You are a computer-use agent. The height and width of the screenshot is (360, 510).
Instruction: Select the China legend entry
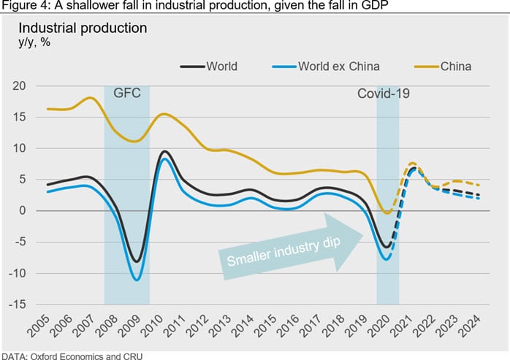click(x=455, y=67)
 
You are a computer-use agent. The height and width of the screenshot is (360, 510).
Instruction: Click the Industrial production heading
click(x=83, y=28)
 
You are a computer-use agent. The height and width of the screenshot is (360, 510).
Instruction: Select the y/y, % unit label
click(x=34, y=42)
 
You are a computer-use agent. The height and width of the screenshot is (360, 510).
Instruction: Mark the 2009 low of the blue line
click(x=137, y=279)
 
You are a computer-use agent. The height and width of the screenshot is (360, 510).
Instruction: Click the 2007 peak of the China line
click(x=90, y=98)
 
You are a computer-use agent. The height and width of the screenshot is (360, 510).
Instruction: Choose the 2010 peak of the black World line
click(x=165, y=152)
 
